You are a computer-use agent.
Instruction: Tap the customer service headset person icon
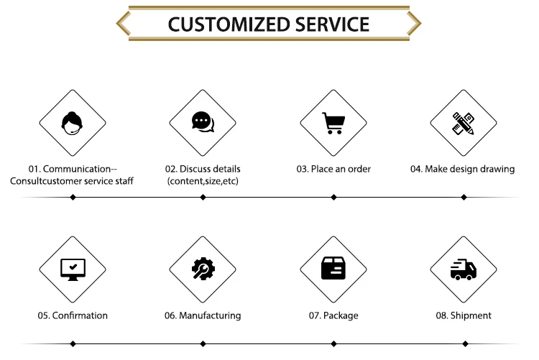pyautogui.click(x=72, y=122)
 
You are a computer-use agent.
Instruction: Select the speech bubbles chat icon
pyautogui.click(x=202, y=122)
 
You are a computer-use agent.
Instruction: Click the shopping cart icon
pyautogui.click(x=333, y=123)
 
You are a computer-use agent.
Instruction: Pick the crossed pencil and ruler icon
pyautogui.click(x=463, y=123)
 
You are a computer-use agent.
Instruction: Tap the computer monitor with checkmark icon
pyautogui.click(x=72, y=269)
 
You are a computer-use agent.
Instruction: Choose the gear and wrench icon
pyautogui.click(x=202, y=269)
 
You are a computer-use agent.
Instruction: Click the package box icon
pyautogui.click(x=333, y=269)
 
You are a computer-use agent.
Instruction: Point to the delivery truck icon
pyautogui.click(x=463, y=269)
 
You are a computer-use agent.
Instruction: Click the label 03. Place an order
pyautogui.click(x=333, y=169)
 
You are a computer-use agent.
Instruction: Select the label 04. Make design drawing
pyautogui.click(x=463, y=169)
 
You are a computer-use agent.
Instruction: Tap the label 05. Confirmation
pyautogui.click(x=73, y=315)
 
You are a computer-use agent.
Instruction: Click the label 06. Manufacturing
pyautogui.click(x=203, y=315)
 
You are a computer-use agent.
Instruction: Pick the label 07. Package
pyautogui.click(x=333, y=315)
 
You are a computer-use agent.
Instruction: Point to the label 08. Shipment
pyautogui.click(x=464, y=315)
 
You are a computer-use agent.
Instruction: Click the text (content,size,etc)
pyautogui.click(x=203, y=182)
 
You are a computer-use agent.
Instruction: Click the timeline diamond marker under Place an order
pyautogui.click(x=333, y=197)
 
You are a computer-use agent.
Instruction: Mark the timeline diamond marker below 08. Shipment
pyautogui.click(x=463, y=343)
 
